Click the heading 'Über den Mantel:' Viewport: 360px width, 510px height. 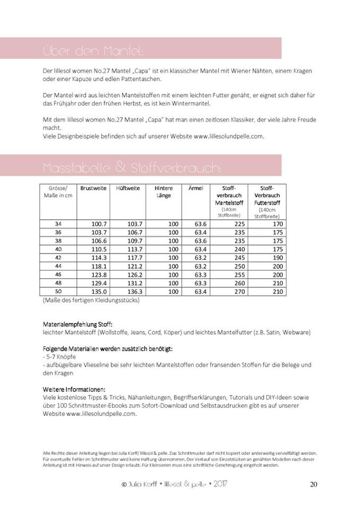point(92,52)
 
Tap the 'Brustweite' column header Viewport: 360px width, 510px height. point(93,188)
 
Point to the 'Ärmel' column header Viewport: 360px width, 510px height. point(195,188)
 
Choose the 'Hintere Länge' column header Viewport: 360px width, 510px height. point(164,192)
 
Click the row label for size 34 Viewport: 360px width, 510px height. point(58,224)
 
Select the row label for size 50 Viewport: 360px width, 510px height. point(58,292)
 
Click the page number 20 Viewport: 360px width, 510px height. point(313,484)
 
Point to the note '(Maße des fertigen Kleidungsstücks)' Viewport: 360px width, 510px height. point(91,301)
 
